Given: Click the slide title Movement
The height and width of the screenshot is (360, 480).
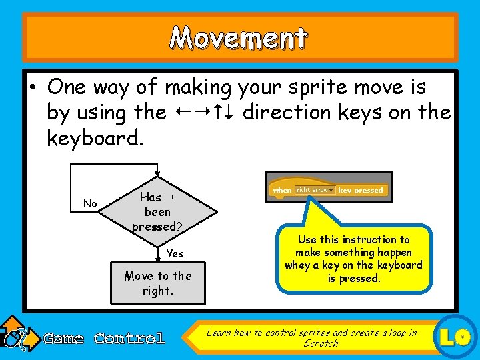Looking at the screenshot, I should coord(239,38).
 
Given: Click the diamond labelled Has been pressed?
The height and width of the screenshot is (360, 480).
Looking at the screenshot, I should coord(158,212).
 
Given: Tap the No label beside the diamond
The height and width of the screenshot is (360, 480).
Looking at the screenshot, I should coord(90,204).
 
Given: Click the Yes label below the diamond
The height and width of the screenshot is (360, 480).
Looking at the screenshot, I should coord(175,253).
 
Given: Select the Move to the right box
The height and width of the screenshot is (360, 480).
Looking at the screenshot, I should coord(158,283).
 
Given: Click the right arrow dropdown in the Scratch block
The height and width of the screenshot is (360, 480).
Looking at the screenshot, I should coord(315,190).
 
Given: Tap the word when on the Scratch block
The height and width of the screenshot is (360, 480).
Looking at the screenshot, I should coord(281,191).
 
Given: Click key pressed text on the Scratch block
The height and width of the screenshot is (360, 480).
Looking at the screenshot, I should coord(361,191).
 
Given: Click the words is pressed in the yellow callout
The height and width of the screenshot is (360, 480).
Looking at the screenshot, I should coord(353,278).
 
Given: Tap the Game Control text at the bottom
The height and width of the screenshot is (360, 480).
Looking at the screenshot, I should coord(104,339).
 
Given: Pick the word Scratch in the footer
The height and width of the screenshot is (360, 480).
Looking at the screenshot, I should coord(321,343).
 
